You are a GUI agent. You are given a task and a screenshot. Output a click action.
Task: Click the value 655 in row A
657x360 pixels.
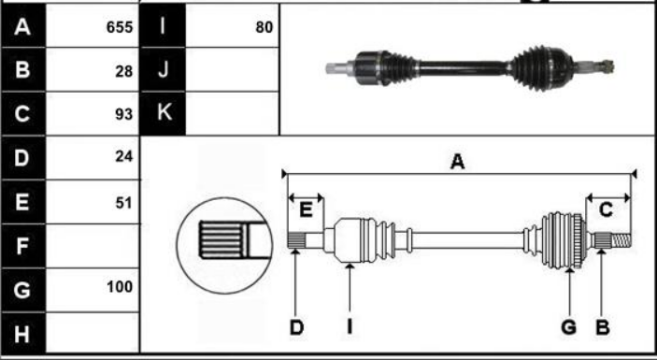(120, 27)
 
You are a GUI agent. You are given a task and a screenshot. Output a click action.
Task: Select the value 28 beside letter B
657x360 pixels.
(124, 72)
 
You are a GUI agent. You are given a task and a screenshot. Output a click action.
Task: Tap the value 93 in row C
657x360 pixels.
(124, 114)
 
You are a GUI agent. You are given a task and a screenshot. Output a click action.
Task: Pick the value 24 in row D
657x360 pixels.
(124, 156)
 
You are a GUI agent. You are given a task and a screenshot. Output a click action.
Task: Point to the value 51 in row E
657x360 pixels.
(124, 203)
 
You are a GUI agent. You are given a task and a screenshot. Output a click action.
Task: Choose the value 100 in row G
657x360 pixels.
(120, 287)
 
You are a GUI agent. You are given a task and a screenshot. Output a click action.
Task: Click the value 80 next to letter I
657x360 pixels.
(264, 27)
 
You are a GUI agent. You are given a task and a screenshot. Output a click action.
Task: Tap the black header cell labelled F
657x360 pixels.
(23, 246)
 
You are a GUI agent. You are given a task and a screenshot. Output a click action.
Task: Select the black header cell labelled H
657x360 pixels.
(23, 333)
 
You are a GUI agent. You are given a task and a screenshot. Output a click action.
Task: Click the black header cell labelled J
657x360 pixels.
(163, 69)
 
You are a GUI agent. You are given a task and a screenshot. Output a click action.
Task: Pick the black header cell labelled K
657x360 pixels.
(163, 113)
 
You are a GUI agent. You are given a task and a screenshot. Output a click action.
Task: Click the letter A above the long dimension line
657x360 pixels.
(458, 162)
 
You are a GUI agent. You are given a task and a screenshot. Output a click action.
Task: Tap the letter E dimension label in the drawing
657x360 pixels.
(307, 209)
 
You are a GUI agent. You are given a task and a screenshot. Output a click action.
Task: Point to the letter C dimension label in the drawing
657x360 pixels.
(606, 209)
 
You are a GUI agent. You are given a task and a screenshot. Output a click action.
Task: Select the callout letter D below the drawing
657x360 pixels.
(296, 327)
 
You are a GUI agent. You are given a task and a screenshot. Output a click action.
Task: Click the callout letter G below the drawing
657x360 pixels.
(568, 327)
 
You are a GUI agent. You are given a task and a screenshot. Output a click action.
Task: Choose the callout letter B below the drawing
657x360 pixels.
(603, 327)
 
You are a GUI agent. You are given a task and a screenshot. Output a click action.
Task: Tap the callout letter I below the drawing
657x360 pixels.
(350, 327)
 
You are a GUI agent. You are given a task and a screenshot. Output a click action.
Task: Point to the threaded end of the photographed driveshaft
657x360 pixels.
(607, 65)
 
